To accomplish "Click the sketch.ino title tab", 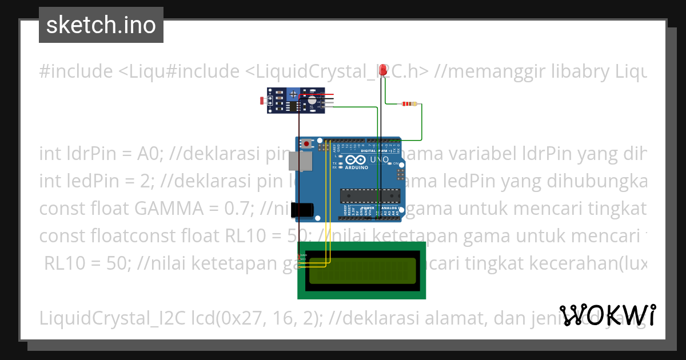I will pos(101,25).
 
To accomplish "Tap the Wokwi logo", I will pos(607,315).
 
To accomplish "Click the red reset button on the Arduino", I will pos(307,143).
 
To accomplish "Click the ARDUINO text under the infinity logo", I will pos(357,168).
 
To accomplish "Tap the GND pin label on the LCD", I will pos(303,255).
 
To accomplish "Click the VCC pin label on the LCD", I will pos(303,259).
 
